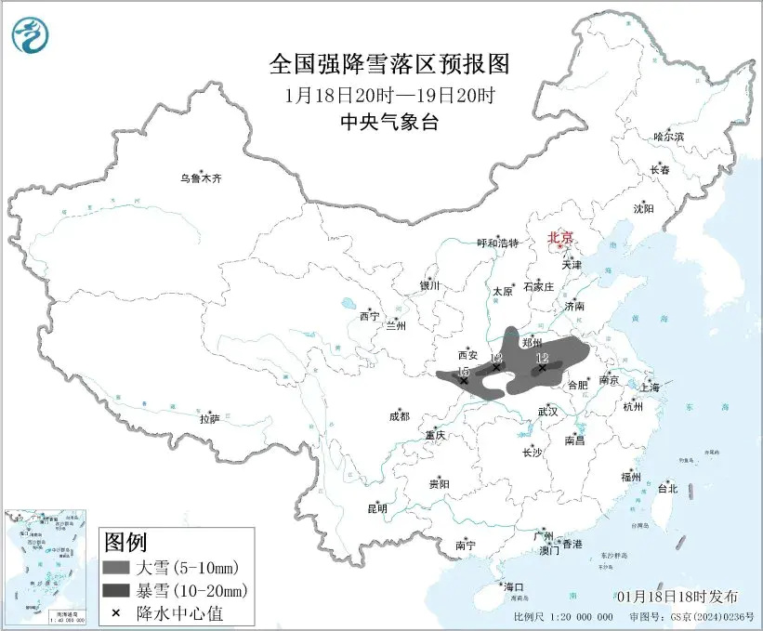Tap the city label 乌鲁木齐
(x=202, y=178)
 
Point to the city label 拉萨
(x=209, y=419)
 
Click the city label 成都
(x=400, y=417)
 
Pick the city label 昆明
(x=376, y=508)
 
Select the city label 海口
(x=514, y=586)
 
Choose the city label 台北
(x=667, y=488)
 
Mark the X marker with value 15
(x=464, y=380)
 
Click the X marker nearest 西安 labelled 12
(x=496, y=367)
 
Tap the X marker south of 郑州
(x=542, y=367)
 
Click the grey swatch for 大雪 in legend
(x=118, y=567)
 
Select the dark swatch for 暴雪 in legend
(x=118, y=590)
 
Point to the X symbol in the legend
(x=118, y=612)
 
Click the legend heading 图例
(x=125, y=542)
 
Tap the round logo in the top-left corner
(x=31, y=33)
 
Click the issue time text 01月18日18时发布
(x=677, y=596)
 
